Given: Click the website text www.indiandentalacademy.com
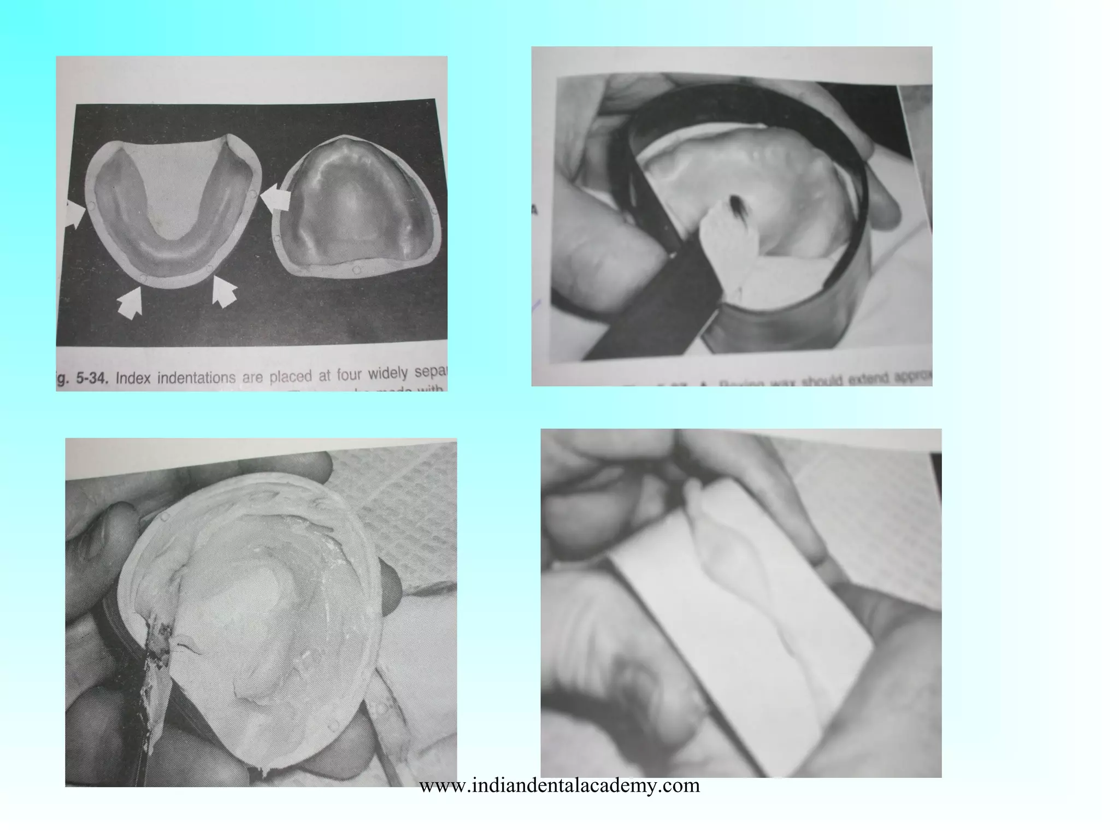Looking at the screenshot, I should (559, 785).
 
